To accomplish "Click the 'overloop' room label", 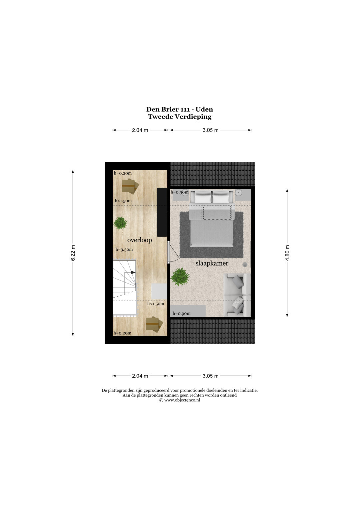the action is click(140, 240).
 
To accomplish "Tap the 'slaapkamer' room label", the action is click(212, 263).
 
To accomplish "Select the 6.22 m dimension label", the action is click(73, 253).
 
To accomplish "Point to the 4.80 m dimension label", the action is click(287, 253).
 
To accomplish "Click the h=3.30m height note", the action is click(124, 249).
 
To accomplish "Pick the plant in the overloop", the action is click(120, 223).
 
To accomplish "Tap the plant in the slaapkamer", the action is click(180, 277).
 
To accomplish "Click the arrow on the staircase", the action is click(133, 272).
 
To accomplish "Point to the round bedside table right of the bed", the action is click(239, 193).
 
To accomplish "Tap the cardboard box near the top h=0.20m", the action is click(130, 186).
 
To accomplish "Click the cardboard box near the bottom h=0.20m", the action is click(154, 324).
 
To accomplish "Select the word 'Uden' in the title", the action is click(204, 109).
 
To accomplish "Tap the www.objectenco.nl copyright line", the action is click(180, 400).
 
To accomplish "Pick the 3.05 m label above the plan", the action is click(210, 130).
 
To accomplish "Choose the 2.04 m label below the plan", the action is click(140, 376).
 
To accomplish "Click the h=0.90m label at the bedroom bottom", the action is click(181, 314).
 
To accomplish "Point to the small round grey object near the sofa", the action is click(245, 264).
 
